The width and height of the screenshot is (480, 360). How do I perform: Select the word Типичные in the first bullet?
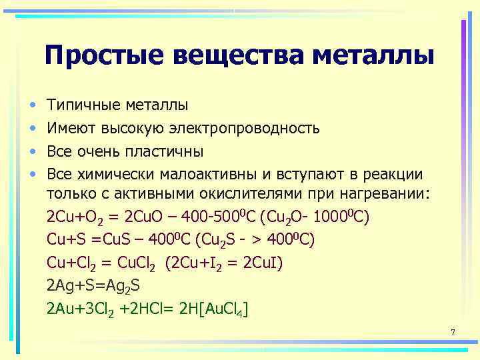pos(82,105)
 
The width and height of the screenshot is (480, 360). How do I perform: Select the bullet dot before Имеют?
pos(31,128)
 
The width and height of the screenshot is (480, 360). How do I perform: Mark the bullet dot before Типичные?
pos(31,105)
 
